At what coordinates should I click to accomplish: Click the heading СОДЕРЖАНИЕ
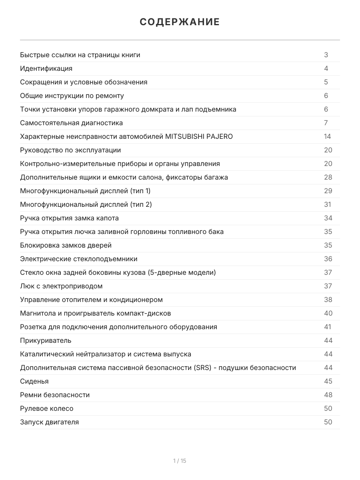180,22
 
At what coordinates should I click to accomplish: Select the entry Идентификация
46,68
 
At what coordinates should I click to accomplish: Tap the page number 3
326,55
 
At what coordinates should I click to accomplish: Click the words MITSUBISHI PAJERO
199,136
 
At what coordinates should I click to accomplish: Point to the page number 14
328,136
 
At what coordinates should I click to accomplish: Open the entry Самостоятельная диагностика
71,123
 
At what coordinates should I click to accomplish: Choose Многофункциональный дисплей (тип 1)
85,191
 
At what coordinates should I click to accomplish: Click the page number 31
328,204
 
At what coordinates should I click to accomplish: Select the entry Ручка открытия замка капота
69,218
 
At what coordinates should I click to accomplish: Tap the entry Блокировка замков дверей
66,245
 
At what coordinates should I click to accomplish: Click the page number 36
328,259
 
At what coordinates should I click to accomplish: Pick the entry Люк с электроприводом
61,286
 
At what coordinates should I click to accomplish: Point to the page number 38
328,300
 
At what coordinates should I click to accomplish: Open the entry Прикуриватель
46,340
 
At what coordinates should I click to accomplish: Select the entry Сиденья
34,381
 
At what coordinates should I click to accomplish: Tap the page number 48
328,395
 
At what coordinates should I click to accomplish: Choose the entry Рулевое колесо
47,408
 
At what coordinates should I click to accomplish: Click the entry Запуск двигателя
49,422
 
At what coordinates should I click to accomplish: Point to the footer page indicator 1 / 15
180,461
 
